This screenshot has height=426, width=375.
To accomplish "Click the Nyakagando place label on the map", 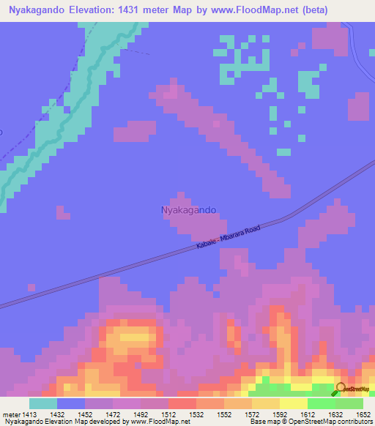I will tap(187, 210).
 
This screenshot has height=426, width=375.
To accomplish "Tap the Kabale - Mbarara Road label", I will tap(228, 239).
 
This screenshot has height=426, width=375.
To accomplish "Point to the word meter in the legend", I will tap(12, 414).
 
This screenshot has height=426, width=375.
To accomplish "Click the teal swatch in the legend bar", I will tap(43, 403).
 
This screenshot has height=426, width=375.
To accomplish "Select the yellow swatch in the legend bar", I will tap(293, 403).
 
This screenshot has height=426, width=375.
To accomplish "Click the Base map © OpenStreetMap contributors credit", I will tap(311, 422).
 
